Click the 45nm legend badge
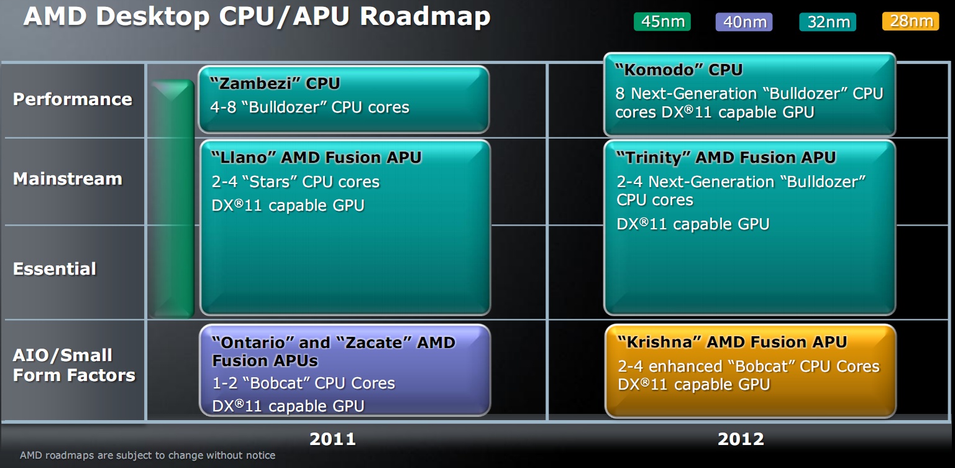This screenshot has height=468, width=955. point(662,22)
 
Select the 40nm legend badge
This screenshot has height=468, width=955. point(744,22)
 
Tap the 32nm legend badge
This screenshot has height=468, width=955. point(828,22)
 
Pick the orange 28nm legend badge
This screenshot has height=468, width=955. point(911,21)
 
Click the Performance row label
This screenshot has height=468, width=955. point(73,99)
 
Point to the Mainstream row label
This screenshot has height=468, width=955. point(67,179)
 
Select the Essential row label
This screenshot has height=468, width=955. point(55,268)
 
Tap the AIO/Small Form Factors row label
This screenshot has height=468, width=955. point(74,365)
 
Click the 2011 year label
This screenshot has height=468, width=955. point(332,439)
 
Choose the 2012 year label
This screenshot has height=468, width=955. point(741,439)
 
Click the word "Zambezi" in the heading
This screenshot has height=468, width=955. point(255,83)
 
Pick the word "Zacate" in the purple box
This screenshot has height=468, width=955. point(373,342)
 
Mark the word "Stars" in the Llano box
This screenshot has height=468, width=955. point(270,181)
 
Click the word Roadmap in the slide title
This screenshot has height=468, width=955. point(425,16)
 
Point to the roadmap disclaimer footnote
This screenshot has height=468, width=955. point(147,455)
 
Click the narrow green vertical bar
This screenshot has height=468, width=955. point(172,199)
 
